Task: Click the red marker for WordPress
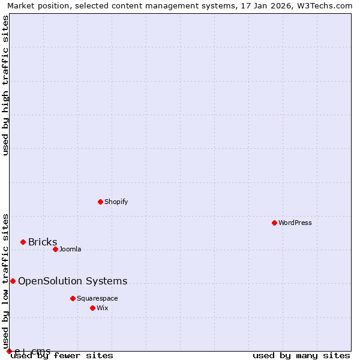click(274, 223)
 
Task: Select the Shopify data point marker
click(100, 202)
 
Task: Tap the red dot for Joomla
click(55, 249)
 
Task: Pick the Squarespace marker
click(73, 298)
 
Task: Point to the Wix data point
click(92, 308)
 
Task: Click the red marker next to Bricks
click(23, 242)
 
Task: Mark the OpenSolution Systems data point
click(13, 281)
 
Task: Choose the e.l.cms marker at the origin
click(9, 351)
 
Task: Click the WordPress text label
click(295, 223)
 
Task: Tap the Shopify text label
click(116, 202)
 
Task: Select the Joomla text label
click(70, 249)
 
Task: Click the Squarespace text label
click(97, 298)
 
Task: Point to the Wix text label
click(103, 308)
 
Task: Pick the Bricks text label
click(43, 242)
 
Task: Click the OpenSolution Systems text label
click(73, 281)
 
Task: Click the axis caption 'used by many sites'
click(301, 355)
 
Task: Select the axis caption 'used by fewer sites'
click(62, 355)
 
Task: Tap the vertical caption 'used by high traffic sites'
click(5, 85)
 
